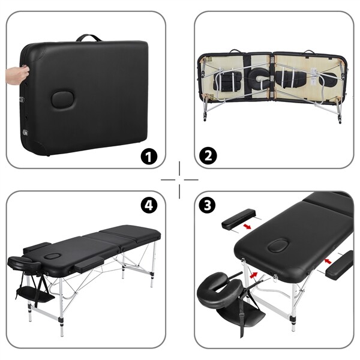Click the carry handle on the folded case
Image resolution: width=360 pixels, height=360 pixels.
[x=89, y=38]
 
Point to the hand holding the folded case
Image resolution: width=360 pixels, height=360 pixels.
[x=17, y=75]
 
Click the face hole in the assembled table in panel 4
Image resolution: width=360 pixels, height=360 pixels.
[x=53, y=256]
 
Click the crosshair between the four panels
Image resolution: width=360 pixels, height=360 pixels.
[x=179, y=179]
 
